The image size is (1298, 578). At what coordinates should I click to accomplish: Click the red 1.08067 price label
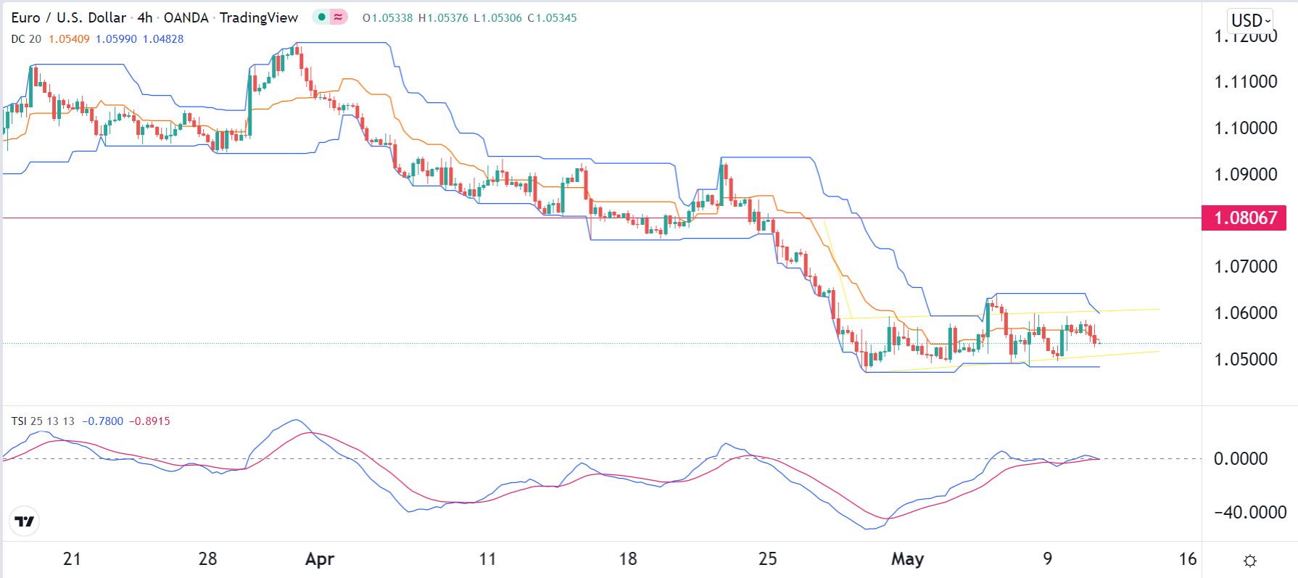tap(1244, 218)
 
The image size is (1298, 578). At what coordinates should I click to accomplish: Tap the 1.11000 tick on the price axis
tap(1245, 82)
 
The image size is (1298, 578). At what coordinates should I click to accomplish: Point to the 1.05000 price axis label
tap(1245, 360)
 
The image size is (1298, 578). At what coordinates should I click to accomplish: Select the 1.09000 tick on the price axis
tap(1245, 175)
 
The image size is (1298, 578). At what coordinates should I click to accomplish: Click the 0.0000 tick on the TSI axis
tap(1240, 459)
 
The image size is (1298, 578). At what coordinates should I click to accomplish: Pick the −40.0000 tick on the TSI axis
tap(1250, 513)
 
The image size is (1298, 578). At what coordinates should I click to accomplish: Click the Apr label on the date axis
tap(320, 559)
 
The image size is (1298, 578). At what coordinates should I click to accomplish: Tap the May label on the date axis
tap(907, 559)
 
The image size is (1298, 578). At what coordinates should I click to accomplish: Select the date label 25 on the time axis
tap(767, 559)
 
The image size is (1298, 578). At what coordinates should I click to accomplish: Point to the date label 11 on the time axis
tap(487, 559)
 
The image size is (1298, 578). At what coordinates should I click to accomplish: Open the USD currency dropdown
tap(1251, 20)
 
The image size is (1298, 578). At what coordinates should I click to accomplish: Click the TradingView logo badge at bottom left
tap(25, 521)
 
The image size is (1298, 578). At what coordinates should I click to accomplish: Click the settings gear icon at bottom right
tap(1250, 561)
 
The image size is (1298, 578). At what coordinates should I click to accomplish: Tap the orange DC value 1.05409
tap(69, 39)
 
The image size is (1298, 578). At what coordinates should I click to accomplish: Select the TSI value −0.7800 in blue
tap(102, 421)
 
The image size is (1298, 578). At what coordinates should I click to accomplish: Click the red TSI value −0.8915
tap(149, 421)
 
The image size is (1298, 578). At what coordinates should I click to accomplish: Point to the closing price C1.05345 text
tap(552, 18)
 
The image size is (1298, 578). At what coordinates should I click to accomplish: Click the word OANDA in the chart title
tap(186, 18)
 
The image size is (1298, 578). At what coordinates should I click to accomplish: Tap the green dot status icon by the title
tap(321, 17)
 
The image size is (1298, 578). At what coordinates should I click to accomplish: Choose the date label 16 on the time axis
tap(1187, 559)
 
